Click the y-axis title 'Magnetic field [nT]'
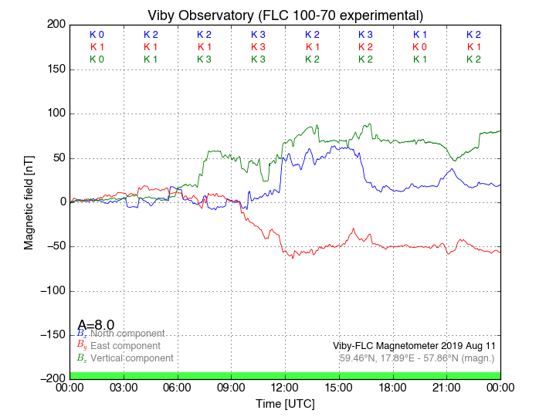tap(29, 202)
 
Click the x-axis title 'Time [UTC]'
tap(285, 404)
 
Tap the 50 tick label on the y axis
tap(56, 158)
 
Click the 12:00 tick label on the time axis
tap(285, 388)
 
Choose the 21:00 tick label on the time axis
tap(446, 388)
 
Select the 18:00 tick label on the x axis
tap(392, 388)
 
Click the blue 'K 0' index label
tap(97, 35)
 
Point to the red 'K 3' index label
tap(258, 47)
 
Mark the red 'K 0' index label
tap(419, 47)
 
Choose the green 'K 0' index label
tap(97, 59)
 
